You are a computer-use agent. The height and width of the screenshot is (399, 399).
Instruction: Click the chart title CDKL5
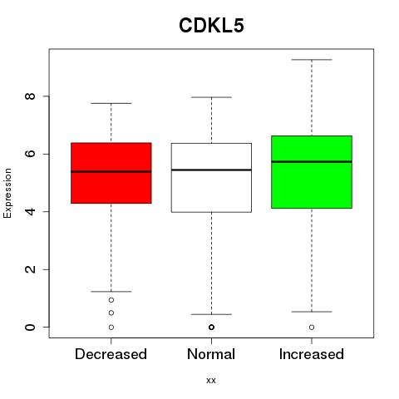211,26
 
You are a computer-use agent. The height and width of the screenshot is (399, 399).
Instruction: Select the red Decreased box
111,173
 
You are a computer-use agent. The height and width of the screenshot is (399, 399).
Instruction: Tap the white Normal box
211,178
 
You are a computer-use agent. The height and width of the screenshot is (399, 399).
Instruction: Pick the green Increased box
312,172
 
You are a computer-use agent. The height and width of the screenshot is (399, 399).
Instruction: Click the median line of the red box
111,171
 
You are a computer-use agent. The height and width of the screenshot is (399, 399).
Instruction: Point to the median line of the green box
312,161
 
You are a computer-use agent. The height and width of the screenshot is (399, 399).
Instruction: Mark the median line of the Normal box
211,170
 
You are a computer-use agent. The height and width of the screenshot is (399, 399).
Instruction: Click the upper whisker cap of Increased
312,60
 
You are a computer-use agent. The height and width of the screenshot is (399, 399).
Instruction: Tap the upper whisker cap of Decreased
111,103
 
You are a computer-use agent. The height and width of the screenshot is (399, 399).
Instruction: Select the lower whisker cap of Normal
211,314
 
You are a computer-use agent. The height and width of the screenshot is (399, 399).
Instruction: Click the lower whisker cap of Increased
312,312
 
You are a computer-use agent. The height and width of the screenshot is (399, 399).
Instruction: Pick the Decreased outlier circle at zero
111,328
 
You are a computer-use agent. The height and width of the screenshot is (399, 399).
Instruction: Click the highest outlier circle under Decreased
111,300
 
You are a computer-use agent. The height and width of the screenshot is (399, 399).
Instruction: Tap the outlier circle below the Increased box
312,328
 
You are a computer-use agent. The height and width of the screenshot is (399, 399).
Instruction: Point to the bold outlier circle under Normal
211,328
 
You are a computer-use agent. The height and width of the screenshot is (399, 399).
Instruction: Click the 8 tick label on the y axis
30,96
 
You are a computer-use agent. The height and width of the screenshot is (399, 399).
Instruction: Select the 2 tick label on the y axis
30,269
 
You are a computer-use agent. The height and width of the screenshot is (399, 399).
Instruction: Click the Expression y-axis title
7,193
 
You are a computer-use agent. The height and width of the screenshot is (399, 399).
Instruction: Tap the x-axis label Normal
211,354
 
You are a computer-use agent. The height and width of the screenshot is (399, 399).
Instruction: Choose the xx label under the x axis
211,381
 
